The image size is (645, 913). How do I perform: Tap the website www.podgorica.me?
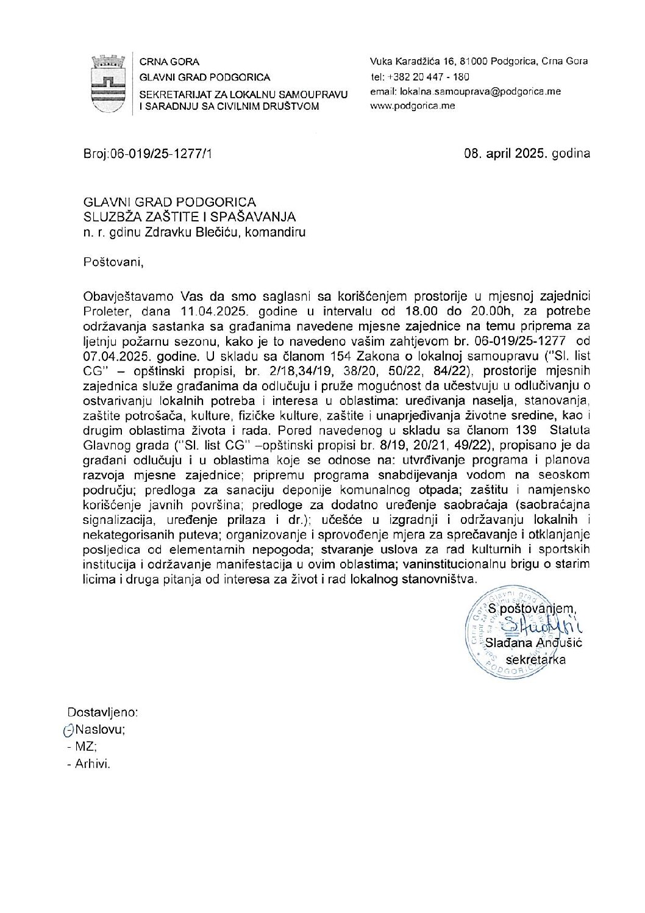(413, 106)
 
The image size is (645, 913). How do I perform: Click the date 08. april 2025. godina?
(527, 154)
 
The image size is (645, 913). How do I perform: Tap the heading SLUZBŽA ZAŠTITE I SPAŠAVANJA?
(190, 217)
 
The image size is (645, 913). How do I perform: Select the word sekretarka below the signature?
(536, 659)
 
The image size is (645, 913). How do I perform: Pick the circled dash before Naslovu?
(68, 729)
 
